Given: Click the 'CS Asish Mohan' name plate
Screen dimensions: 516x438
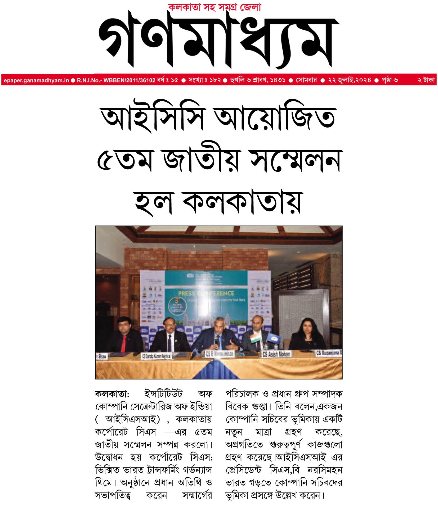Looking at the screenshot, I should point(276,354).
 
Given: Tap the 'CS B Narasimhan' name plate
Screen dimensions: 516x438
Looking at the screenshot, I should point(219,354).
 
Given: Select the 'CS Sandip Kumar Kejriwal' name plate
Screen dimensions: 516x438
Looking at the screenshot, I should point(156,356).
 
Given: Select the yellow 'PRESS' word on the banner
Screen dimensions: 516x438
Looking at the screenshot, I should point(186,293).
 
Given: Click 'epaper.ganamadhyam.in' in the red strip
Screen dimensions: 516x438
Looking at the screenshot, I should point(36,80).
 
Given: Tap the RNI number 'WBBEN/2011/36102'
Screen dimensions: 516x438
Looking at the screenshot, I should point(129,80).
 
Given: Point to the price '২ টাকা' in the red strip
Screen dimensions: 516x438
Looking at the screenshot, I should point(426,80).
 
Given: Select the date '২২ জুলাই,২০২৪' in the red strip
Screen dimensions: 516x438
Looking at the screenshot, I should point(349,80).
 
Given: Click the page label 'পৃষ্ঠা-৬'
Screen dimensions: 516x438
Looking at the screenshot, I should point(390,80).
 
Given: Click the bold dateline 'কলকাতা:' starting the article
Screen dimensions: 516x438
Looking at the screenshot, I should point(112,394).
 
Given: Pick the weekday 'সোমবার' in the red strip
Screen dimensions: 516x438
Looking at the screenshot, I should point(306,80).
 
